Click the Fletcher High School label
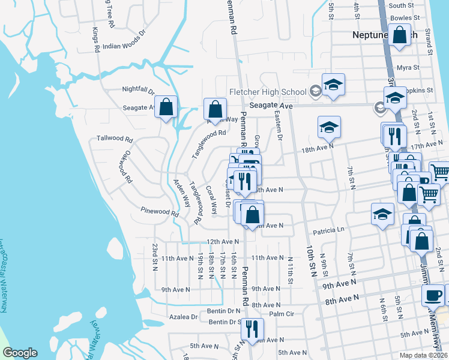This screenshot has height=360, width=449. click(x=268, y=92)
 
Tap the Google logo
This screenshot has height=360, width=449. click(x=20, y=353)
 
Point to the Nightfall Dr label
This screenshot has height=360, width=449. click(x=139, y=89)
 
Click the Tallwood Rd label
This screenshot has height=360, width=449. click(x=113, y=139)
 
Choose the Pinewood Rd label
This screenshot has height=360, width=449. click(x=160, y=212)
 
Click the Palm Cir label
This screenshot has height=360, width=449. click(x=282, y=314)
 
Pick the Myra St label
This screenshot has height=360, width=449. click(x=408, y=67)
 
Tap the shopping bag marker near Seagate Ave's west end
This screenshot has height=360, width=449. click(x=166, y=107)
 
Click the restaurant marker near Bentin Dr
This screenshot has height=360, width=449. click(x=252, y=328)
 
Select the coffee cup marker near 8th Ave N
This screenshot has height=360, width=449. click(x=433, y=295)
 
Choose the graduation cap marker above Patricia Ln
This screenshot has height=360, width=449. click(x=382, y=214)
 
